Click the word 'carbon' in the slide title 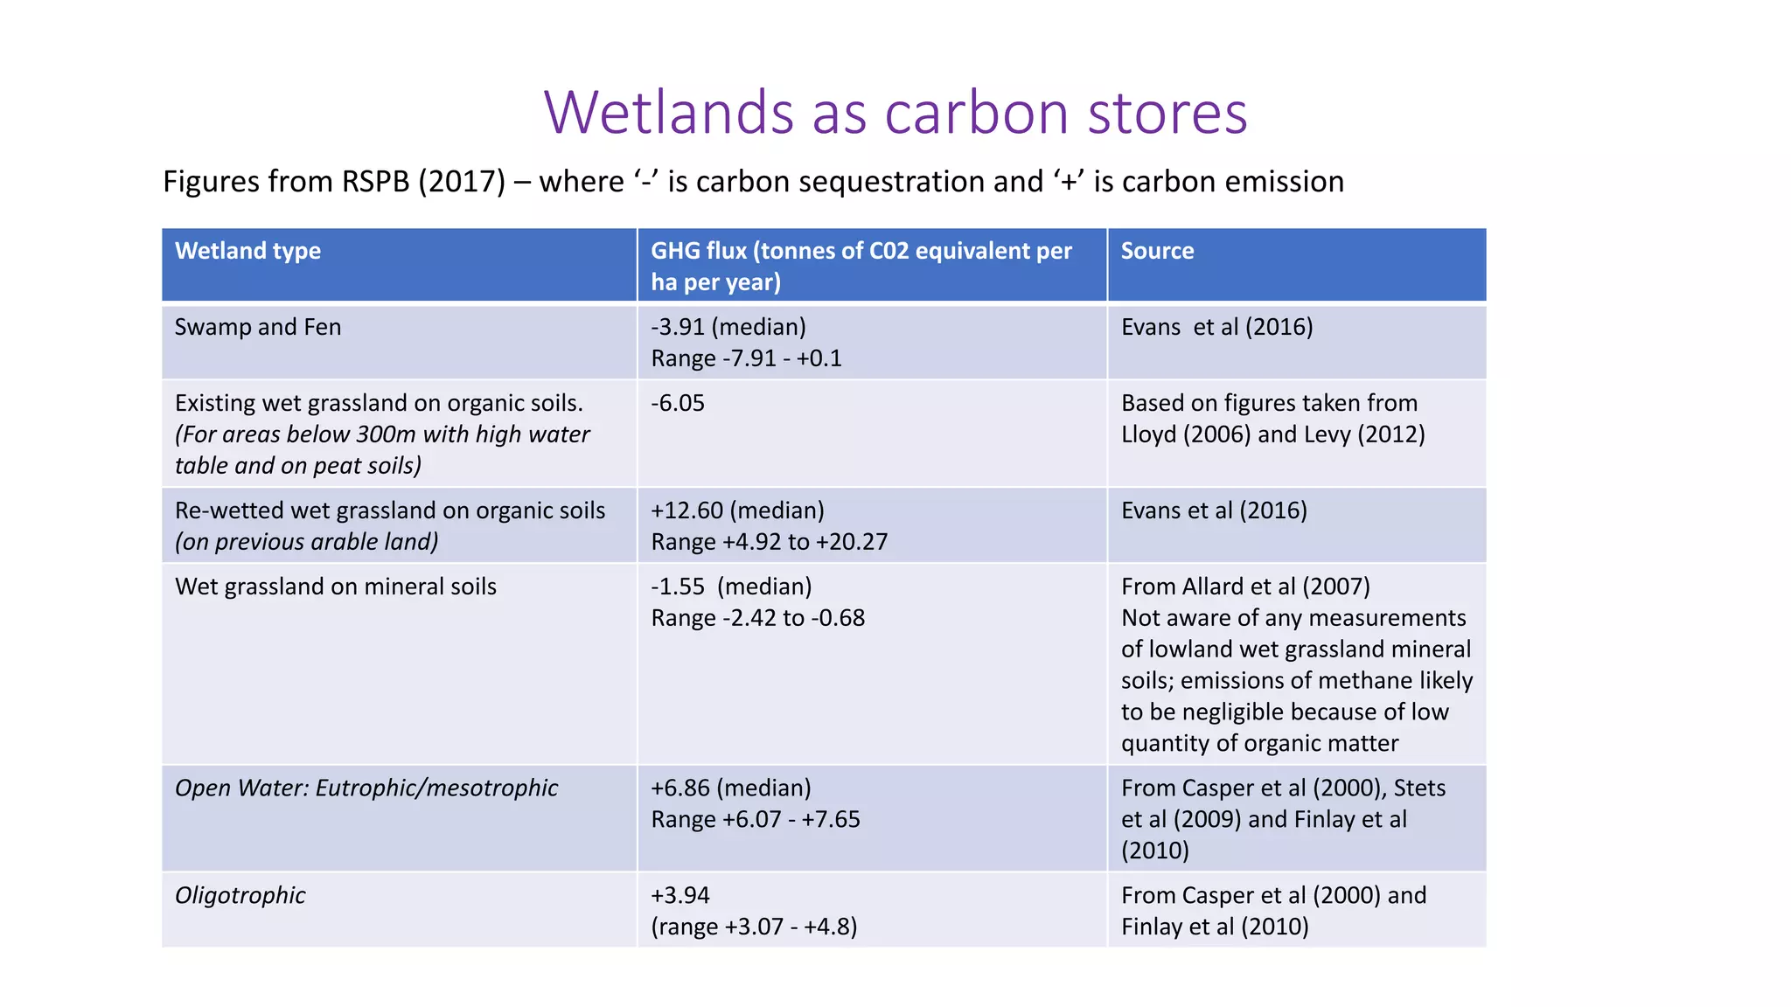tap(977, 113)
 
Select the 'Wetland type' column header tap(247, 251)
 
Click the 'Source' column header tap(1157, 251)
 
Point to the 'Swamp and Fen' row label tap(258, 327)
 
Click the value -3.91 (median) tap(728, 327)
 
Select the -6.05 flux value tap(678, 403)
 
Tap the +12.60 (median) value tap(737, 510)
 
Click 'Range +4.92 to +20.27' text tap(769, 542)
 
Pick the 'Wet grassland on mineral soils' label tap(336, 587)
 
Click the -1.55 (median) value tap(731, 587)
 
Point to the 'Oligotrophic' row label tap(240, 895)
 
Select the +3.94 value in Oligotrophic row tap(680, 895)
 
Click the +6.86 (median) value tap(731, 788)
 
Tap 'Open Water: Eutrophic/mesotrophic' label tap(366, 788)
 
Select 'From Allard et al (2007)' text tap(1245, 587)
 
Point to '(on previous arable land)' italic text tap(307, 542)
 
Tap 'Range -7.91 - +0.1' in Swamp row tap(746, 358)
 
